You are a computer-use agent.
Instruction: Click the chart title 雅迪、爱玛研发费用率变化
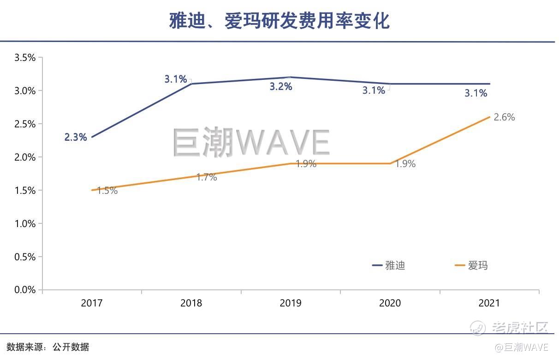pyautogui.click(x=279, y=21)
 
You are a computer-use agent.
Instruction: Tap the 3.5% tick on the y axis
pyautogui.click(x=25, y=58)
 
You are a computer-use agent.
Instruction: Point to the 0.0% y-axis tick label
pyautogui.click(x=25, y=290)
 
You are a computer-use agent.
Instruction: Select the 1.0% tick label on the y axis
pyautogui.click(x=25, y=223)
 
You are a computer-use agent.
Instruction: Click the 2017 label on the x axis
pyautogui.click(x=92, y=303)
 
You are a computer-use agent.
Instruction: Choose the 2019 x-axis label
pyautogui.click(x=291, y=303)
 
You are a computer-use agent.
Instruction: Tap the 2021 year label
pyautogui.click(x=489, y=303)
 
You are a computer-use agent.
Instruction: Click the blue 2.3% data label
pyautogui.click(x=76, y=137)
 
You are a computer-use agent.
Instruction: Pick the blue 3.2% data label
pyautogui.click(x=281, y=86)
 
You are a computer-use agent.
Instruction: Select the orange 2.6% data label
pyautogui.click(x=504, y=117)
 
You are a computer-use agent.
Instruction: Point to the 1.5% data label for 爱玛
pyautogui.click(x=107, y=190)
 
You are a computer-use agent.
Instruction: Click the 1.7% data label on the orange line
pyautogui.click(x=206, y=177)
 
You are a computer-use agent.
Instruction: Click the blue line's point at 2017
pyautogui.click(x=92, y=137)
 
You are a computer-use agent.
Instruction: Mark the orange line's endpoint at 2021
pyautogui.click(x=489, y=117)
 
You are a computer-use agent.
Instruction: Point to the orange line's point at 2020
pyautogui.click(x=390, y=163)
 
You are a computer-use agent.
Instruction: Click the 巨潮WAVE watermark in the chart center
pyautogui.click(x=251, y=142)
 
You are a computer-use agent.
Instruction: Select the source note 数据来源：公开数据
pyautogui.click(x=48, y=347)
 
